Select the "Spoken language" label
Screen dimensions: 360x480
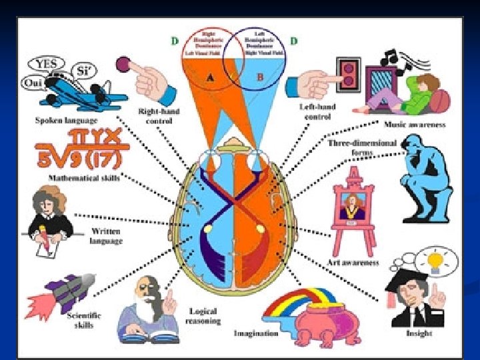[x=66, y=121]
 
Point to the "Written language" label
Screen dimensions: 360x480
[x=106, y=236]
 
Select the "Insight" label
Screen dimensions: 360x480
[x=418, y=332]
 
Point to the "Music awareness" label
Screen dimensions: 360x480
[x=415, y=125]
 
